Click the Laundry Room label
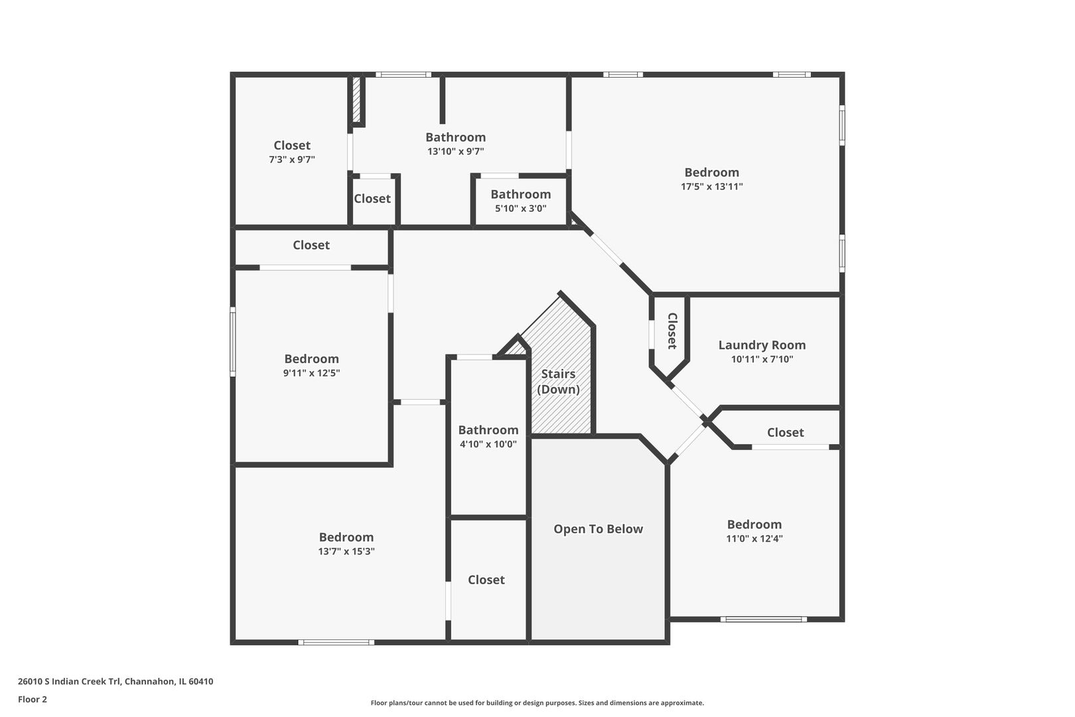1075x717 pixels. pos(762,345)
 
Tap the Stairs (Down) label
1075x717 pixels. pos(558,382)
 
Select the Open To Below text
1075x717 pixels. pos(598,529)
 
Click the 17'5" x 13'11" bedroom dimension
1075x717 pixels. pos(711,187)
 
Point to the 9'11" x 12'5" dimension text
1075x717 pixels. pos(311,373)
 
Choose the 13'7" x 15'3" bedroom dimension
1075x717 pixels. pos(346,551)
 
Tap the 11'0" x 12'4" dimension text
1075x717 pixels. pos(754,538)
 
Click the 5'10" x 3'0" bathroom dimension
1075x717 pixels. pos(520,208)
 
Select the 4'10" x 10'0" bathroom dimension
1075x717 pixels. pos(488,444)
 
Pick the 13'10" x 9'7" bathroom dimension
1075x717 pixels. pos(455,151)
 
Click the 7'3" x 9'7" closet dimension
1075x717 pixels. pos(292,159)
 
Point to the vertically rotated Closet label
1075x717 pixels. pos(672,331)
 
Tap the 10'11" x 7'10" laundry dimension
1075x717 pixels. pos(762,359)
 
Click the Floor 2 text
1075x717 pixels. pos(33,699)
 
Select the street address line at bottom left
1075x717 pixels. pos(115,681)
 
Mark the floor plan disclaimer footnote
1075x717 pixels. pos(537,702)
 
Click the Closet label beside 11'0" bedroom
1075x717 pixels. pos(785,433)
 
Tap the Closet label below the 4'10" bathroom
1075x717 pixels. pos(486,580)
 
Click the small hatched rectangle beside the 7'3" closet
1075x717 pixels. pos(356,100)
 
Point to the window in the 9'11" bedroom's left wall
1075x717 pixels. pos(233,342)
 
